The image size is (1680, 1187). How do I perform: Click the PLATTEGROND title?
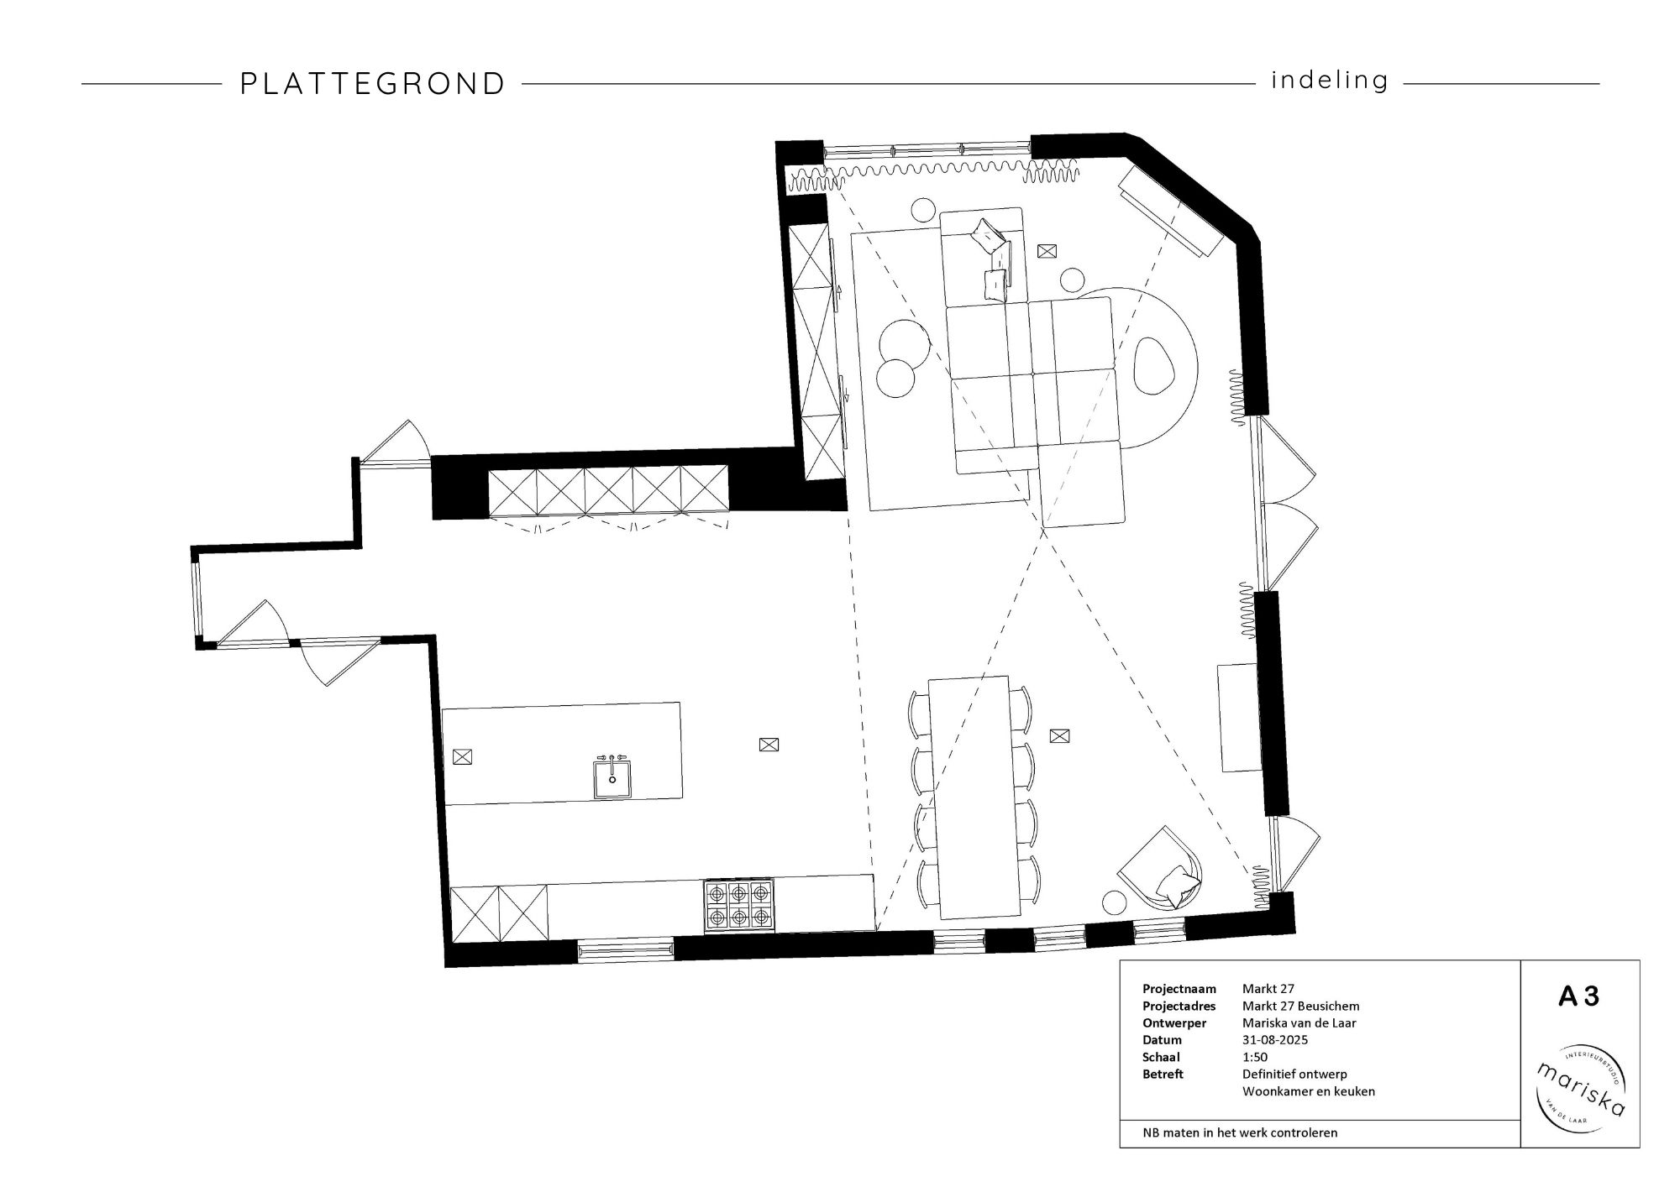(373, 84)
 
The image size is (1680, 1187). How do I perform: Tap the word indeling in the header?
(1330, 81)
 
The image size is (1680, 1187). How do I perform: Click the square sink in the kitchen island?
(612, 778)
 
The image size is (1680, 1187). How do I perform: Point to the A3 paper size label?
(1579, 996)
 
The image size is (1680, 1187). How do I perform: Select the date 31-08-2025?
(1275, 1040)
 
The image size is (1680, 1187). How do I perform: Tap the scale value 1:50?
(1255, 1057)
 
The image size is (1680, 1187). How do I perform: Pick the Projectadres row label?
(1179, 1006)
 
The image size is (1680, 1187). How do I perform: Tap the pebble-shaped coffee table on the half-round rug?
(1155, 366)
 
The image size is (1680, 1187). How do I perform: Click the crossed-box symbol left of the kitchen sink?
(462, 756)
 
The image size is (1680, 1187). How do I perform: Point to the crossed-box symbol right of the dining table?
(1060, 736)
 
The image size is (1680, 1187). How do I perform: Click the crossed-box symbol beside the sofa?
(1047, 250)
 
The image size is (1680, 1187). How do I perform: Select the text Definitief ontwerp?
(1294, 1074)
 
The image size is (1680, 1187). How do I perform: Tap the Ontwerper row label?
(1174, 1022)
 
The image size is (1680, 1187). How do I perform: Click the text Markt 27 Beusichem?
(1300, 1006)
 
